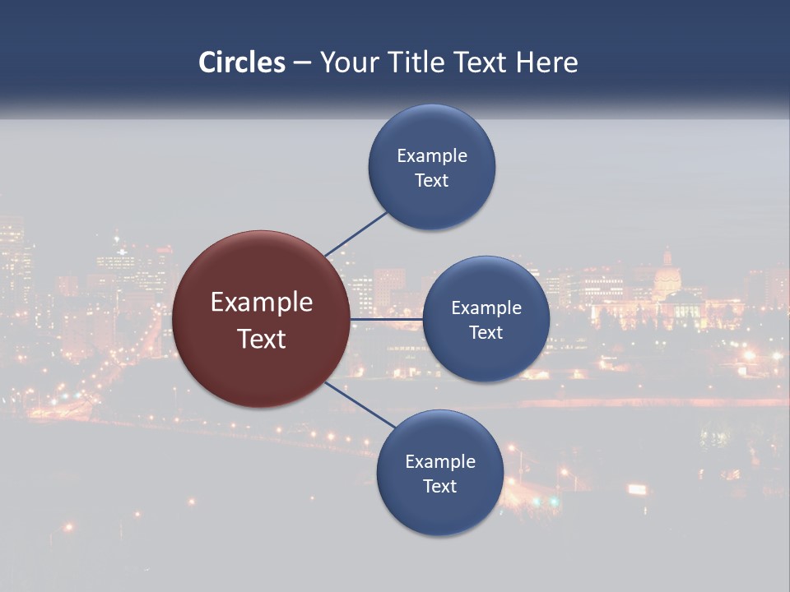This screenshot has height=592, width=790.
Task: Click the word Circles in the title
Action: pyautogui.click(x=242, y=62)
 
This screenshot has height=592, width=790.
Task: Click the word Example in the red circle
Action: pyautogui.click(x=262, y=303)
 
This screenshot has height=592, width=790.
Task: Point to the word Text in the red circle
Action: pyautogui.click(x=262, y=339)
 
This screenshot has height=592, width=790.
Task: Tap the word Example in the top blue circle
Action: pyautogui.click(x=432, y=155)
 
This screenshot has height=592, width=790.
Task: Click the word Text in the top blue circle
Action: pyautogui.click(x=432, y=180)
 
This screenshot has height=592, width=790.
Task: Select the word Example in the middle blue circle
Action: pyautogui.click(x=486, y=308)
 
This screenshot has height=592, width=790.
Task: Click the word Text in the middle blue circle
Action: pyautogui.click(x=486, y=332)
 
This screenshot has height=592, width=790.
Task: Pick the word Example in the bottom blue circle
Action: pyautogui.click(x=440, y=461)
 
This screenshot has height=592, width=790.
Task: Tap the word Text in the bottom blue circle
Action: pyautogui.click(x=440, y=486)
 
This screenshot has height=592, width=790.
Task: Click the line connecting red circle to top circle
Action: pyautogui.click(x=356, y=234)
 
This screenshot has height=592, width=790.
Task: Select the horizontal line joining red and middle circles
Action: pyautogui.click(x=386, y=319)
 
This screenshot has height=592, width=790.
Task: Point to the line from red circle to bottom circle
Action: pyautogui.click(x=360, y=404)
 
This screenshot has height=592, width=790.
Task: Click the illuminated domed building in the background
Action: pyautogui.click(x=668, y=284)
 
